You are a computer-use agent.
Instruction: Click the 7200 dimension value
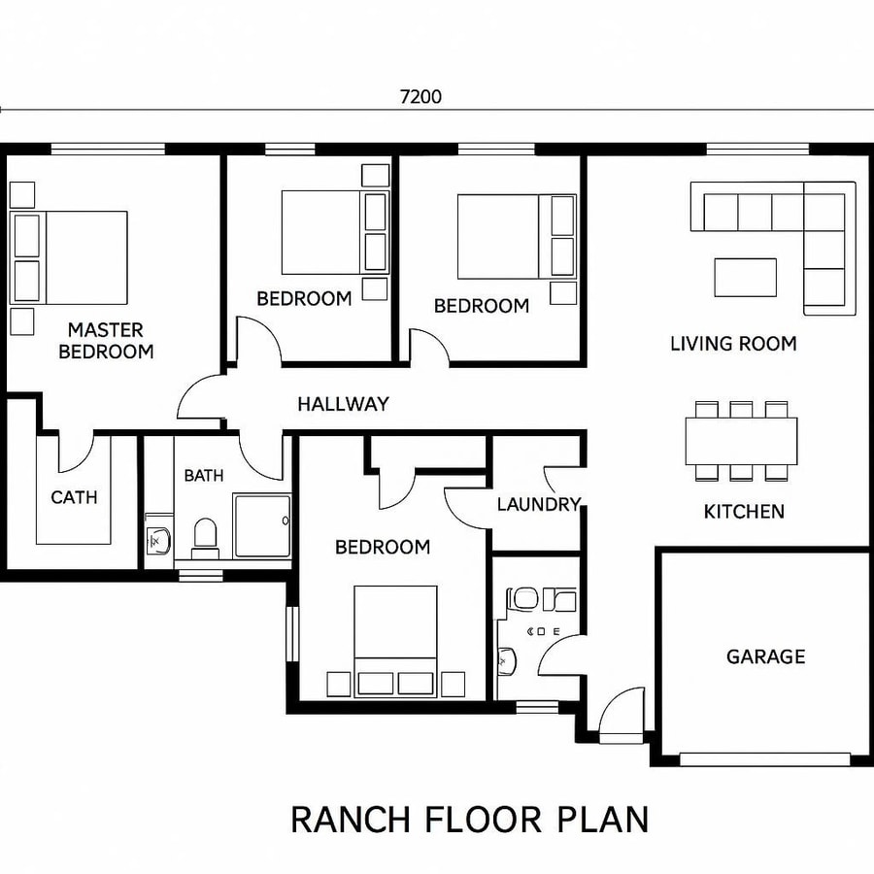(420, 97)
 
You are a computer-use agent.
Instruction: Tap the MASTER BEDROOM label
(106, 341)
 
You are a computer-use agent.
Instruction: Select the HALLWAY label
(343, 404)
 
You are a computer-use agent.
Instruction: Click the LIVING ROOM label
(733, 344)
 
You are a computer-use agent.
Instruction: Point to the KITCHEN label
(744, 511)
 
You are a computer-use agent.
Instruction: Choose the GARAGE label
(765, 656)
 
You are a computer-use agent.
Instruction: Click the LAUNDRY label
(538, 504)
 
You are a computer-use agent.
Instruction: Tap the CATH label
(74, 497)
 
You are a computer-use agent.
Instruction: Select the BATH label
(204, 475)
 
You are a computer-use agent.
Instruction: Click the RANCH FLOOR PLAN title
(469, 819)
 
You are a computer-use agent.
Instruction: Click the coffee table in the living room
(745, 277)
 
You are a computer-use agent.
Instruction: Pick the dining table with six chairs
(742, 441)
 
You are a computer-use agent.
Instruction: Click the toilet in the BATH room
(205, 538)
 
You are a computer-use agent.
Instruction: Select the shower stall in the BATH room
(262, 525)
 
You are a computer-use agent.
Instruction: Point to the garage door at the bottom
(764, 758)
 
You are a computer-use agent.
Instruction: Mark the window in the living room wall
(757, 149)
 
